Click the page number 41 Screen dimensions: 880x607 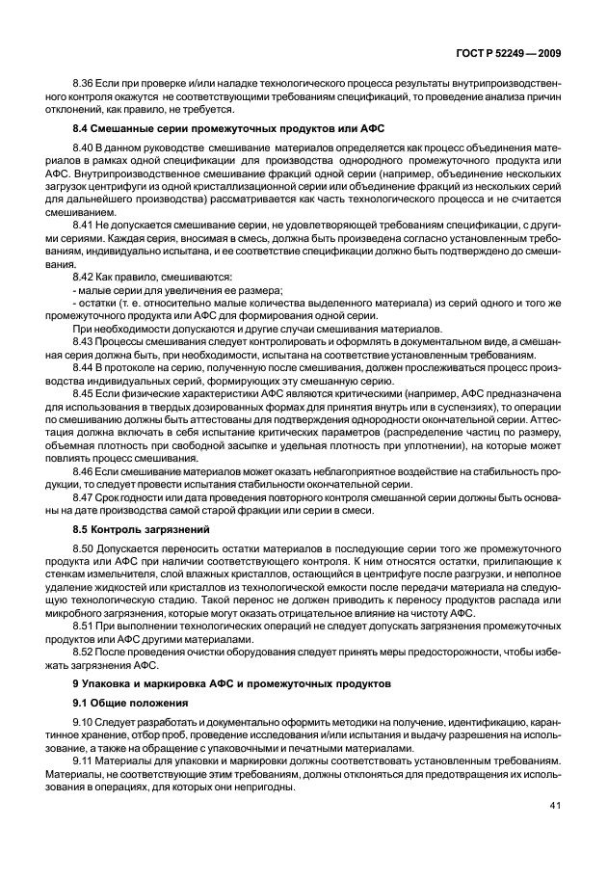click(555, 833)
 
